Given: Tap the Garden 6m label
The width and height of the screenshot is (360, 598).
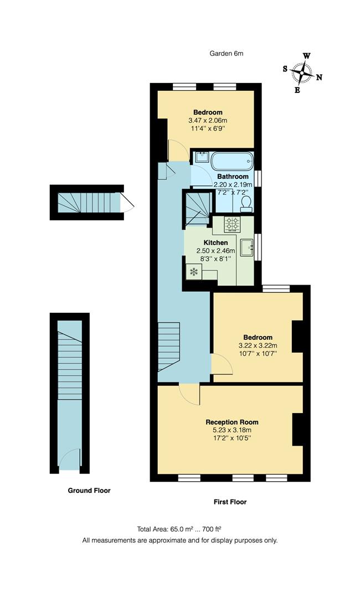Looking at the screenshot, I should point(226,54).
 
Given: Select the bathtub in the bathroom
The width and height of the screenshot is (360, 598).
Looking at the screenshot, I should point(232,161).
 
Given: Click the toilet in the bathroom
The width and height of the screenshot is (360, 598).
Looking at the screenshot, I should point(246,204).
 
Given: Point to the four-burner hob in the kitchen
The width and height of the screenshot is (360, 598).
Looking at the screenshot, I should point(232,224).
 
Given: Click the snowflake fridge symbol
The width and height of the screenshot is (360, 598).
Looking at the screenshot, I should point(194,271).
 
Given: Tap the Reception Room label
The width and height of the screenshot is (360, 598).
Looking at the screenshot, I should point(232,422).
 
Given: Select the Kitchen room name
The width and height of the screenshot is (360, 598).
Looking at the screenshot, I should point(215,243).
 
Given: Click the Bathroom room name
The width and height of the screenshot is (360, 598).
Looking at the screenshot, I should point(233,177).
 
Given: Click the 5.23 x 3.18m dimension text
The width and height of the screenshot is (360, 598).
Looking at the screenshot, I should point(232,430).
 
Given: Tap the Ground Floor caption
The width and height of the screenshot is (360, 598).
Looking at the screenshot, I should point(89,490).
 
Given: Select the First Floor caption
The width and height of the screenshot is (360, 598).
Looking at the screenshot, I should point(230,502).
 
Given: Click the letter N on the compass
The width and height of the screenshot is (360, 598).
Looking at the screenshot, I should point(319,77).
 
